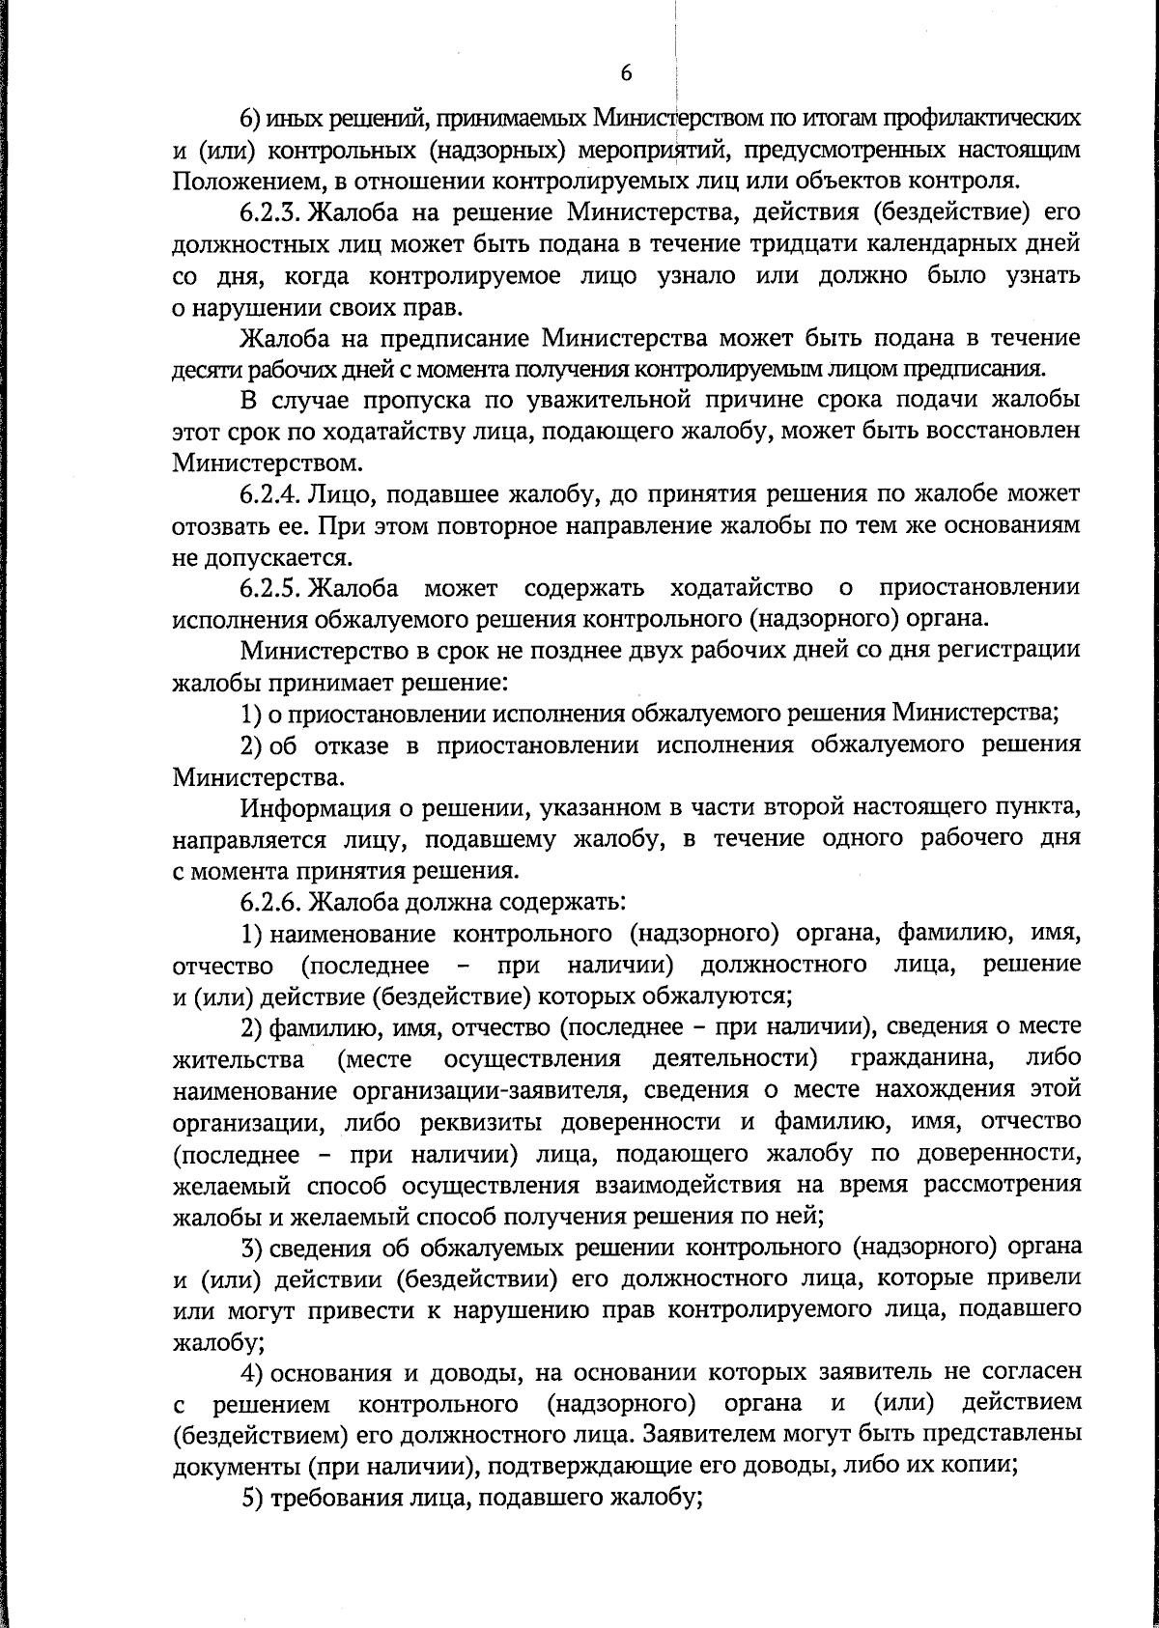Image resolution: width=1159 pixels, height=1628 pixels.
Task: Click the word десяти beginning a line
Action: click(x=202, y=370)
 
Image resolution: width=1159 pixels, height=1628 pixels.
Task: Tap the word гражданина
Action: click(x=922, y=1059)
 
